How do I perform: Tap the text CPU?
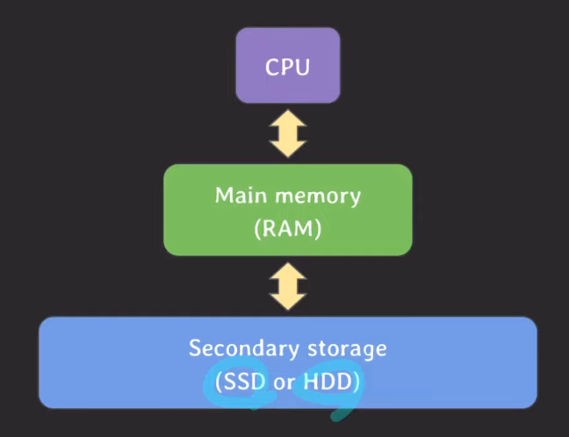287,66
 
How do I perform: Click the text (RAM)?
287,229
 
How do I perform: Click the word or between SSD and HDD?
284,383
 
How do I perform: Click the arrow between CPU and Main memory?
287,133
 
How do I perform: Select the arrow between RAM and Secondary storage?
287,287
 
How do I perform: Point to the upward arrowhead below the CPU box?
287,118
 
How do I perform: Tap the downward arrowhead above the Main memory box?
287,148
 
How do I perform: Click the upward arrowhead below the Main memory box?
287,271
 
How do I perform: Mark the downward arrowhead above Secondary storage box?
287,303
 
